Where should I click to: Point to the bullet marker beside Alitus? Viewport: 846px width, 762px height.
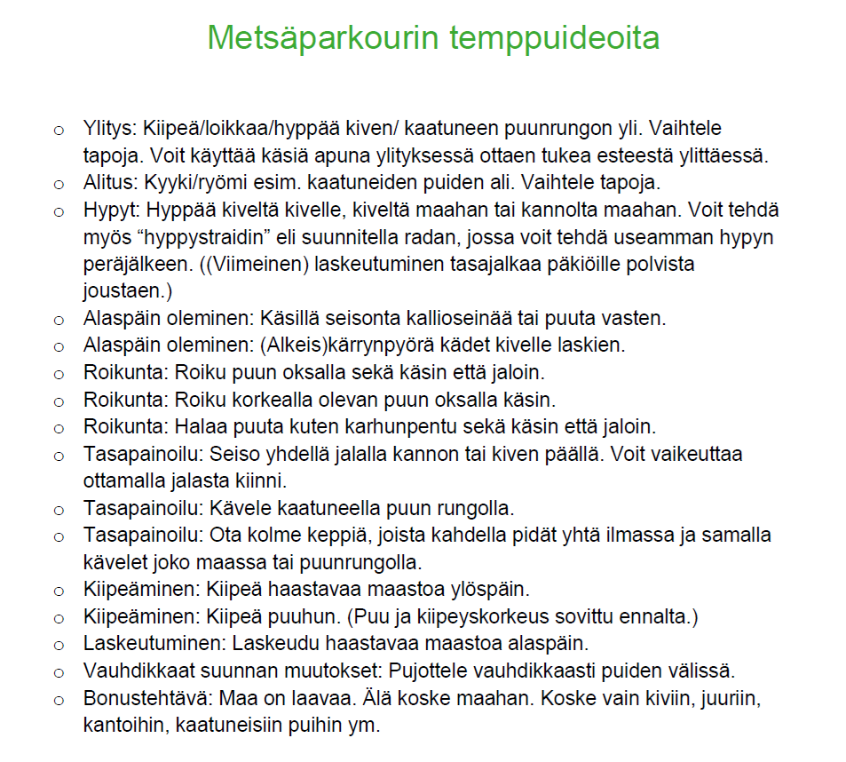point(59,185)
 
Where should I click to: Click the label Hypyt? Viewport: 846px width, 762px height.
point(113,211)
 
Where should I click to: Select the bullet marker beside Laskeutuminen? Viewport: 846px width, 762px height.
point(59,644)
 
